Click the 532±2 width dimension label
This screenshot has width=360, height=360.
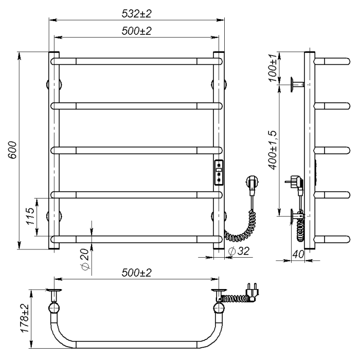pos(137,14)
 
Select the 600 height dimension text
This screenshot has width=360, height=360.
pos(12,150)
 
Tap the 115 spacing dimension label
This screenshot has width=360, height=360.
pos(30,217)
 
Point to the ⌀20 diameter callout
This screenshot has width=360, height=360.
pos(84,259)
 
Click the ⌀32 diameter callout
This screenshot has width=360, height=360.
pos(239,251)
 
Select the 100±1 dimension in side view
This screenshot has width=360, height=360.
pos(273,68)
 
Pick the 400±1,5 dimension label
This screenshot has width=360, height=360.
pos(273,150)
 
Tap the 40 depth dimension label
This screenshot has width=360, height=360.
pos(298,254)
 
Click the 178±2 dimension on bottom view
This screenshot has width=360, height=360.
pos(25,318)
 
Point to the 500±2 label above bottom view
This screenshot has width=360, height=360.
pos(137,273)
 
